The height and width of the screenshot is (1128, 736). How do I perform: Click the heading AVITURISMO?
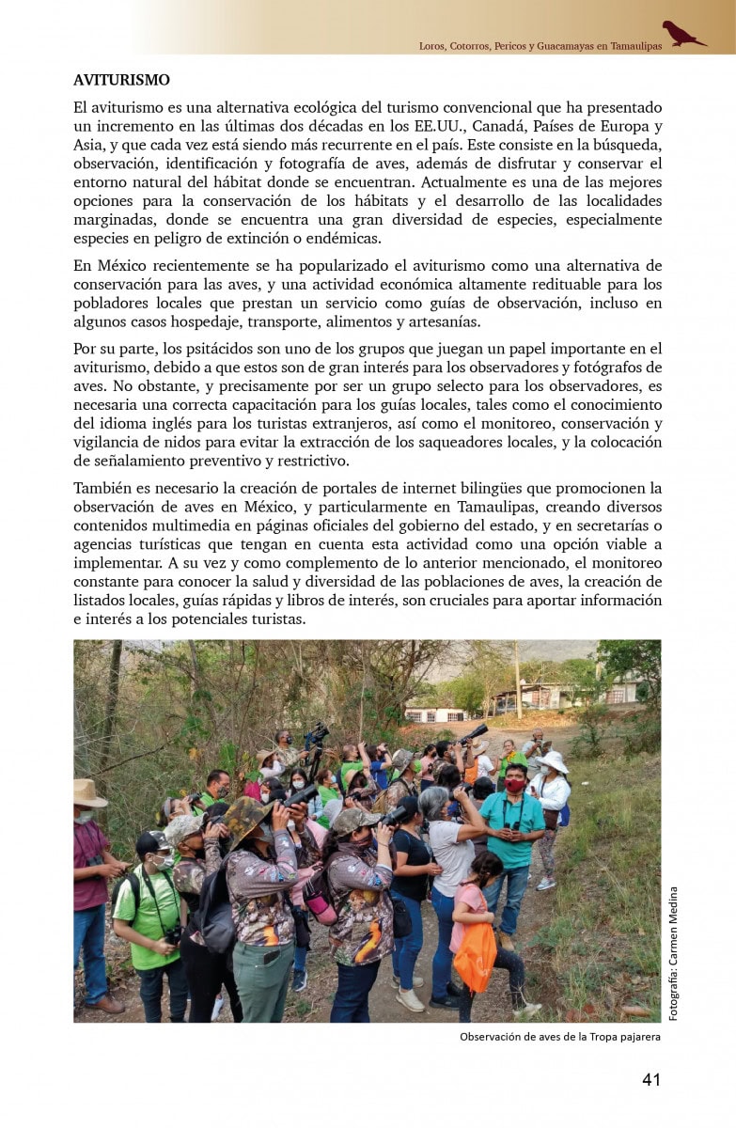[121, 81]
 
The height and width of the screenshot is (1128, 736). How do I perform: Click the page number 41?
[651, 1079]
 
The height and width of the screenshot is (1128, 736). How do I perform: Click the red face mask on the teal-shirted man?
[515, 785]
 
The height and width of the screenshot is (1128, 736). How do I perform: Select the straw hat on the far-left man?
[89, 792]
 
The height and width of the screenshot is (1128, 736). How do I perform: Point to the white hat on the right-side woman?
[554, 761]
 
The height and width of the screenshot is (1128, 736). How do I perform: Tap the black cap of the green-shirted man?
[151, 840]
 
